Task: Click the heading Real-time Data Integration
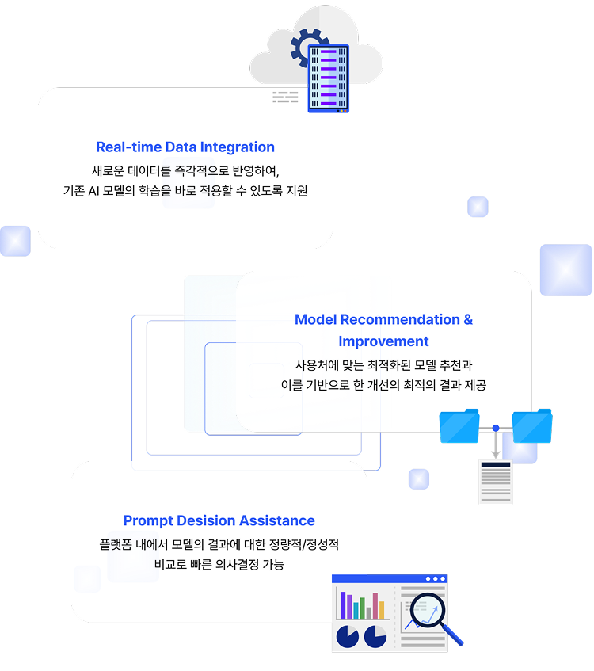coord(185,147)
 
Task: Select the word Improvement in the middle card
coord(383,341)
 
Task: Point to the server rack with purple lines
coord(329,77)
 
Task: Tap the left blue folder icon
coord(459,426)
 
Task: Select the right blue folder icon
coord(532,426)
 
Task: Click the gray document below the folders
coord(496,482)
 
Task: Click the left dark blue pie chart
coord(348,636)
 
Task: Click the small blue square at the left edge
coord(15,241)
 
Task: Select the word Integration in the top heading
coord(237,147)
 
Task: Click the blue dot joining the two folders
coord(496,429)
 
